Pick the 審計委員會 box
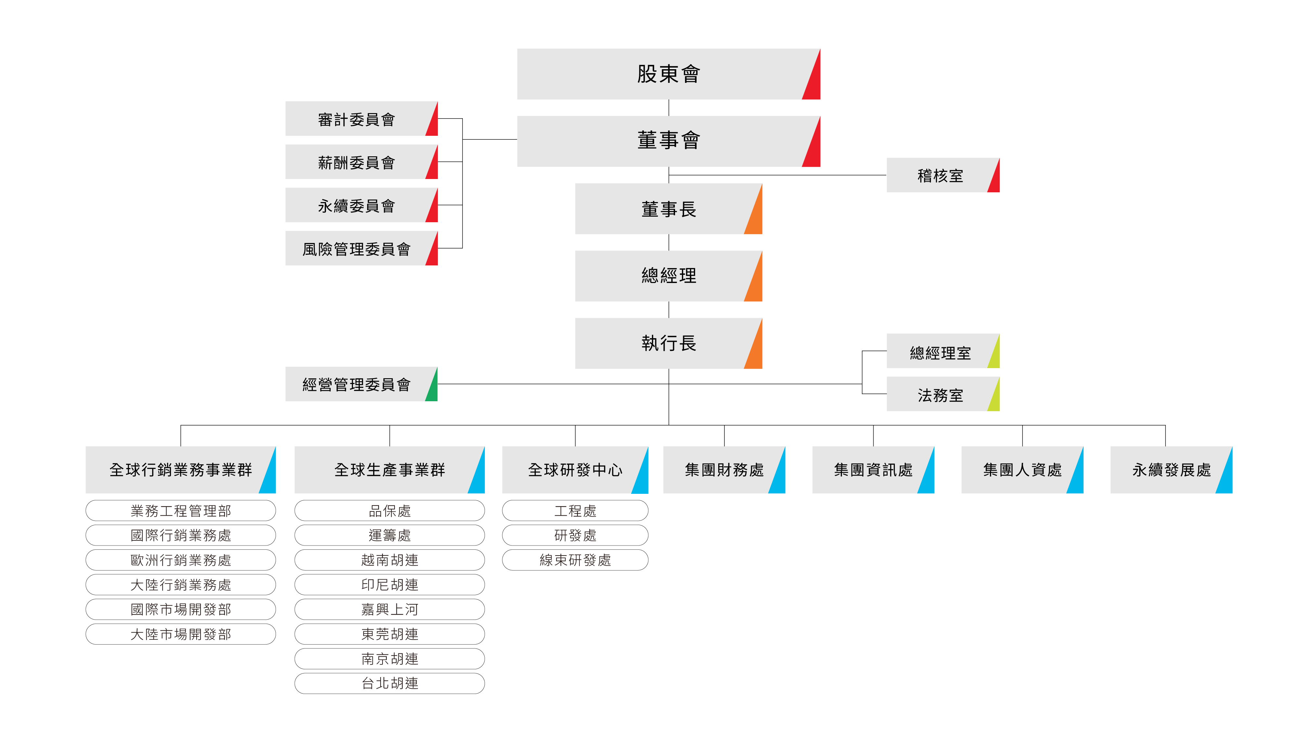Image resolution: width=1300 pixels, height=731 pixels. [x=356, y=119]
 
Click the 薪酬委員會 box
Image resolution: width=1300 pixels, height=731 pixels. [x=356, y=162]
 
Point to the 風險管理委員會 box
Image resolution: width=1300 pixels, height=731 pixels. [x=356, y=249]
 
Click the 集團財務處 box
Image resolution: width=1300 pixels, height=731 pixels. [x=723, y=470]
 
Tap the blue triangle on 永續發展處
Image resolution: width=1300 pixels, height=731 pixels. [x=1226, y=479]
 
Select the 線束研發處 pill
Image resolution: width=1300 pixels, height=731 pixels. [x=575, y=560]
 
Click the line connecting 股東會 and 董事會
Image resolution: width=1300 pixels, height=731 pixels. [x=669, y=108]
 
